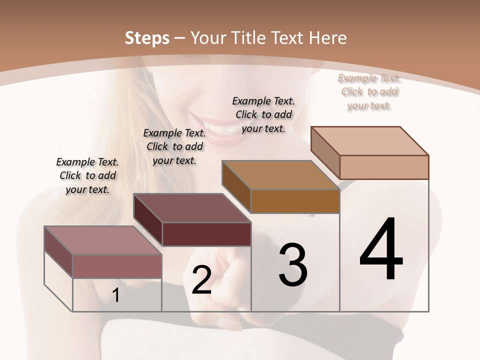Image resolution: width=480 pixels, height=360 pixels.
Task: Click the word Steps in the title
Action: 147,38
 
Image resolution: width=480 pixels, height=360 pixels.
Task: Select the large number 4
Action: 381,250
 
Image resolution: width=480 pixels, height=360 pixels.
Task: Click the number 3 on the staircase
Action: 293,265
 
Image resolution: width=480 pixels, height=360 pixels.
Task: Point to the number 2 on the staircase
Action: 201,280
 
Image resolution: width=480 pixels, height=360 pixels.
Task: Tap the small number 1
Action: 115,295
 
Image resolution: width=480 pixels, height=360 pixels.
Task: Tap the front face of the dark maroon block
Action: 207,234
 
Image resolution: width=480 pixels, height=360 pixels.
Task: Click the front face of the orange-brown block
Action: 295,201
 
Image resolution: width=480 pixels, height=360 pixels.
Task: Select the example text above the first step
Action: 87,176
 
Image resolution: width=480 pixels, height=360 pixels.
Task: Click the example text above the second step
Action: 174,146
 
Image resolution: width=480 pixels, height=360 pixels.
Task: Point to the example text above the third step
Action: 263,114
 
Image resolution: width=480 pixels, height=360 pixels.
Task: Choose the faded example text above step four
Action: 369,91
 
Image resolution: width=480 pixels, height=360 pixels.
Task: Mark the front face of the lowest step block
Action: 117,266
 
